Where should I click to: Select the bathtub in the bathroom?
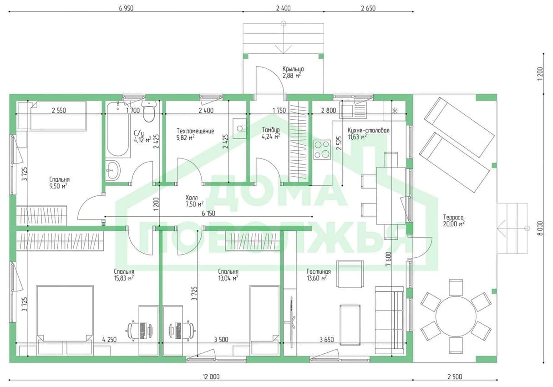coord(118,130)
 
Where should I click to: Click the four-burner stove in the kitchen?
coord(322,149)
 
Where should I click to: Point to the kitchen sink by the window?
coord(353,110)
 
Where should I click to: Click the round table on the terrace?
coord(456,316)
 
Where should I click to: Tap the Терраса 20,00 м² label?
coord(454,220)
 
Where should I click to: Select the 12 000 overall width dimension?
coord(211,377)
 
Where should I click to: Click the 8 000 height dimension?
coord(540,228)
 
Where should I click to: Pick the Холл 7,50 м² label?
coord(194,201)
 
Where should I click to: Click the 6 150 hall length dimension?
coord(208,213)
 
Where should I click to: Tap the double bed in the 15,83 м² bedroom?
coord(65,321)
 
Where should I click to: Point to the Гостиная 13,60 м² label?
coord(319,275)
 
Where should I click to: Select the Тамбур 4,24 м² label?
coord(271,133)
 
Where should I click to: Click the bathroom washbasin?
coord(113,170)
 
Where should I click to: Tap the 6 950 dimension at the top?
coord(126,8)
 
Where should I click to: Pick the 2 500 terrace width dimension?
coord(455,377)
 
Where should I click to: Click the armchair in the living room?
coord(350,274)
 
